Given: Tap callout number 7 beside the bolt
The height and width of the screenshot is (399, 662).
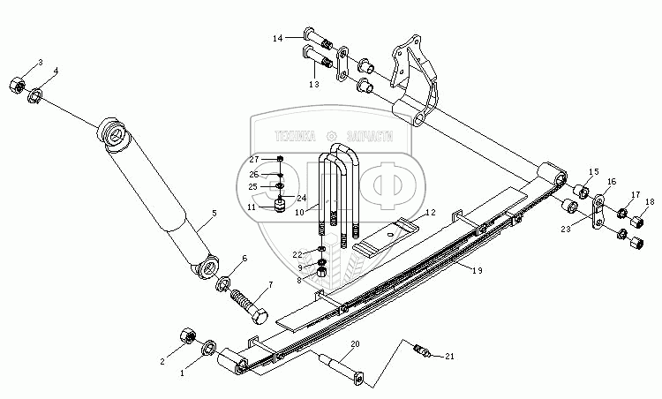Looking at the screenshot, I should coord(270,285).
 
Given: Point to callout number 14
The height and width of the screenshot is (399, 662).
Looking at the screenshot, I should coord(276,38).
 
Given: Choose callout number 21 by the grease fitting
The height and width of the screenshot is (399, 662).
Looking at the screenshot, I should coord(451,357).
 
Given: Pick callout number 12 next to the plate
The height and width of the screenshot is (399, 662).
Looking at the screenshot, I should coord(430,214).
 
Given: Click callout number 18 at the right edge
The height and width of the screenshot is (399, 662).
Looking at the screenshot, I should coord(650,202).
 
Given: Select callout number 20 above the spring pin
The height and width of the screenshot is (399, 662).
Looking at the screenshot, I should coord(356,343).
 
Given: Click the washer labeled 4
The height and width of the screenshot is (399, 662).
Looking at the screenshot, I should coord(36,94).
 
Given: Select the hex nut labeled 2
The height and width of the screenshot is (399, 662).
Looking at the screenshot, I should coord(187,336).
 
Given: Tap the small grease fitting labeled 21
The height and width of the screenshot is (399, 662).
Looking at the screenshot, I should coord(422,354).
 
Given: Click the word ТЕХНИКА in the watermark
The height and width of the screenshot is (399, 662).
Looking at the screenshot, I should coord(294,135).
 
